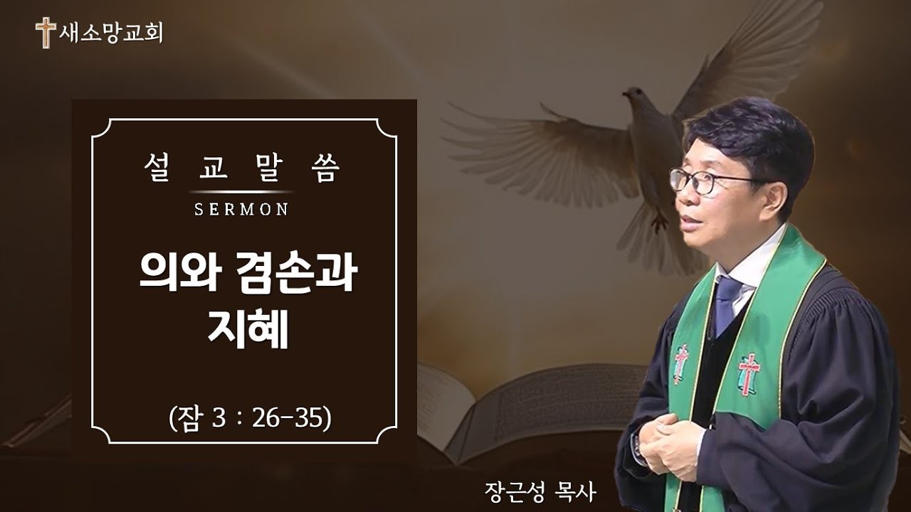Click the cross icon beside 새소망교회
click(46, 33)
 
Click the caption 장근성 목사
click(537, 491)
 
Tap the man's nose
click(676, 199)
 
